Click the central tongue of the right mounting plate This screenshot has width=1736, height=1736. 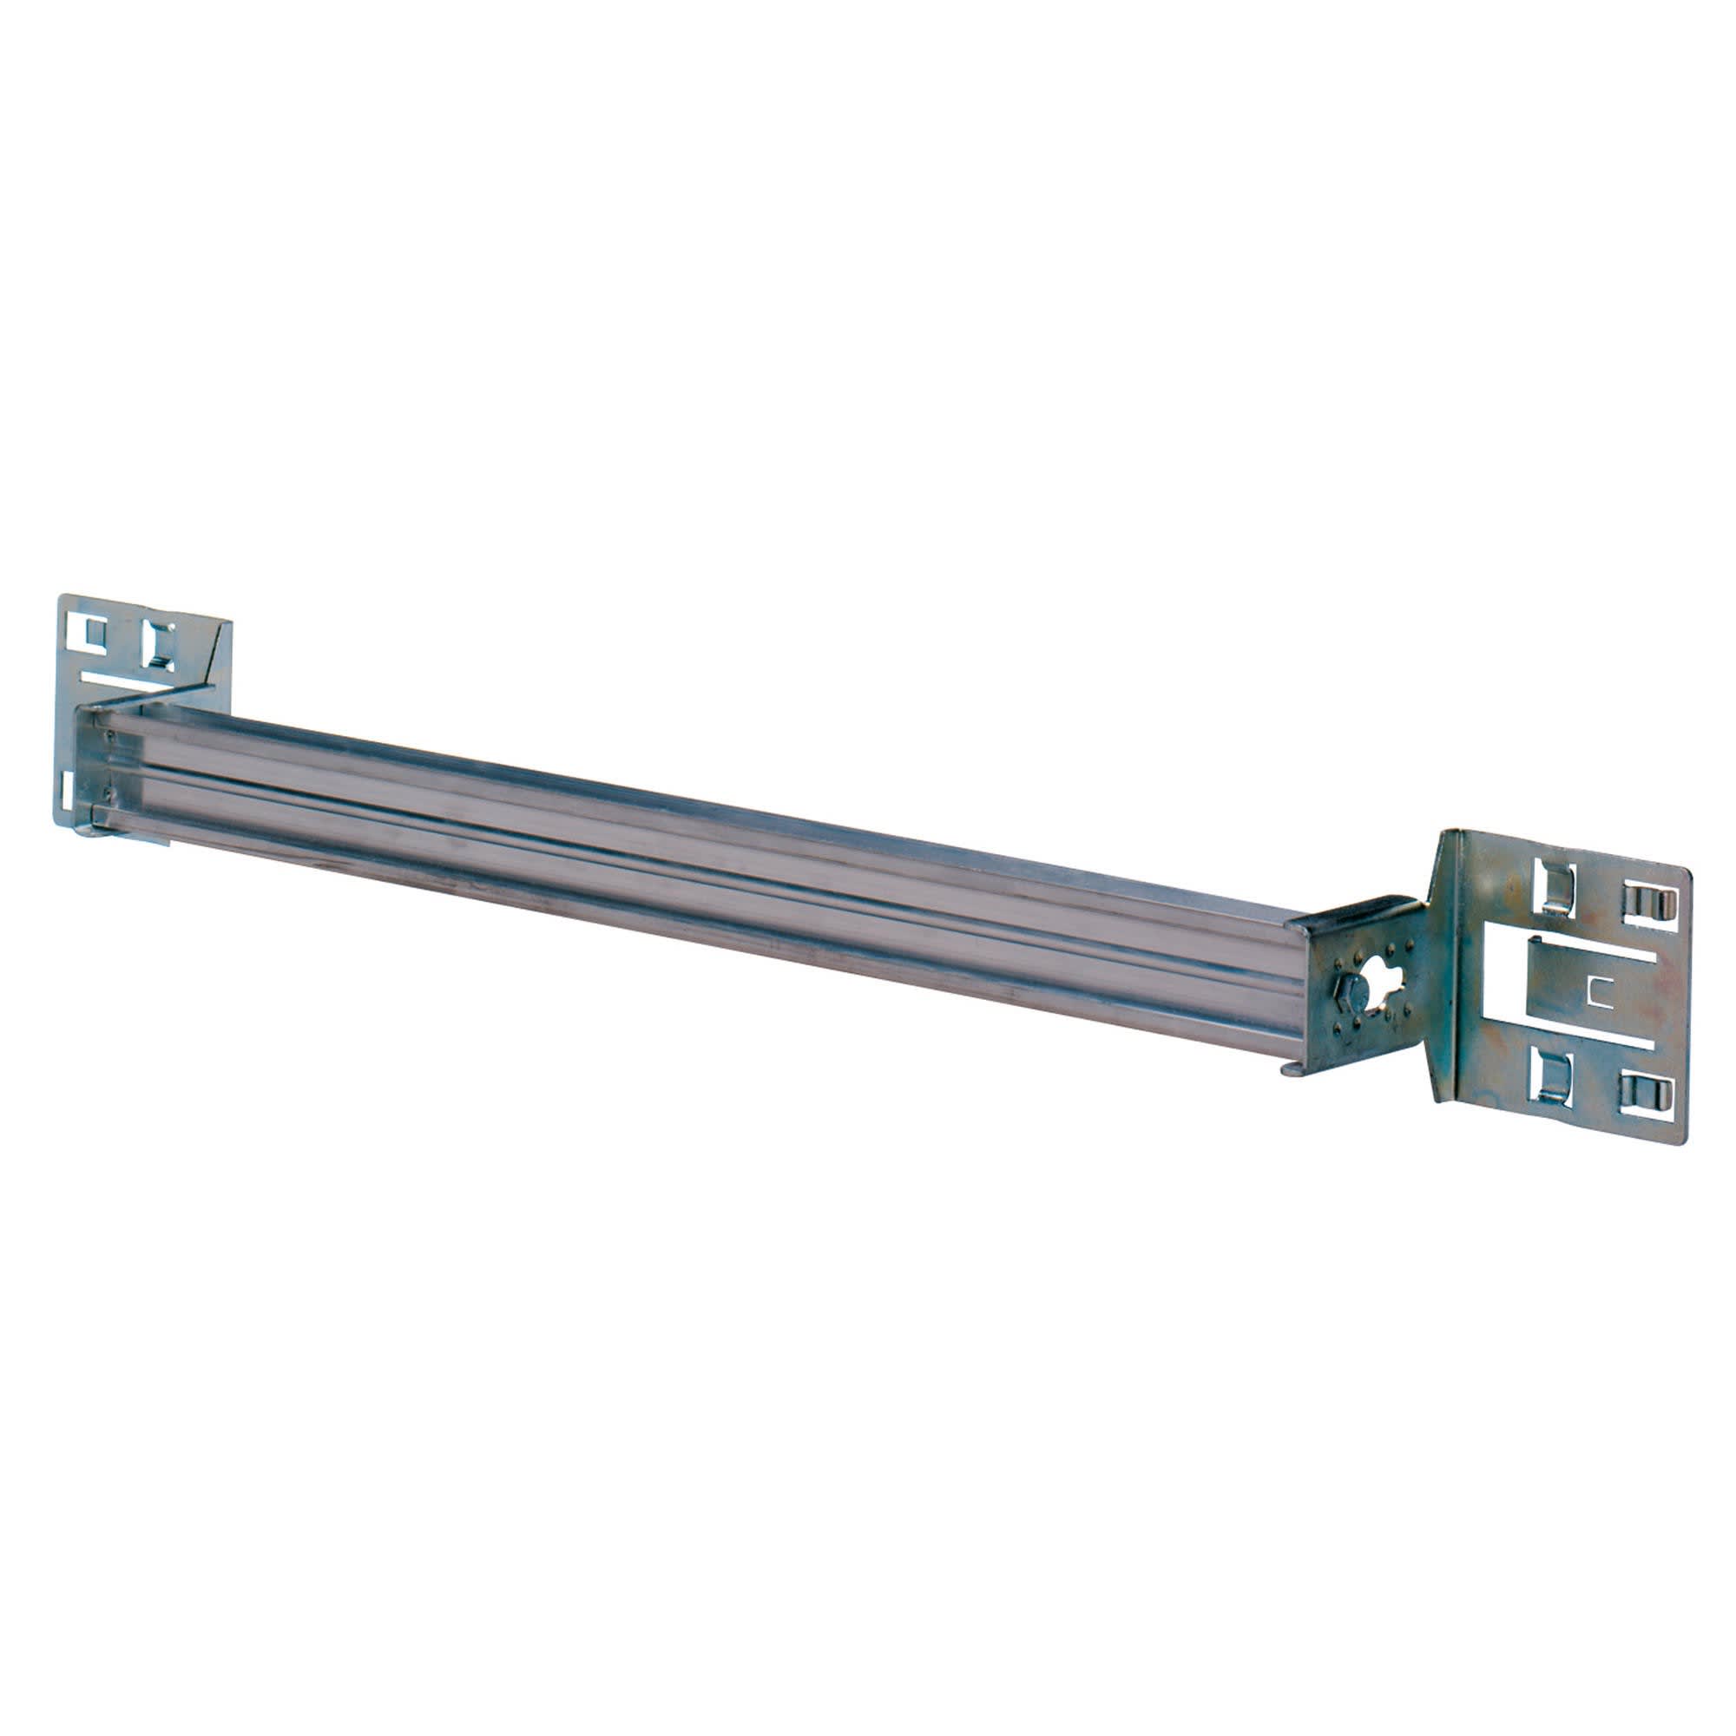[x=1568, y=989]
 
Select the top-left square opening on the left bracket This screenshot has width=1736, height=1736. [x=95, y=633]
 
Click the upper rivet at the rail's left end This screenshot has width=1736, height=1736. [x=111, y=735]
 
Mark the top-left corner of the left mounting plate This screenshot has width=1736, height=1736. [x=60, y=595]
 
